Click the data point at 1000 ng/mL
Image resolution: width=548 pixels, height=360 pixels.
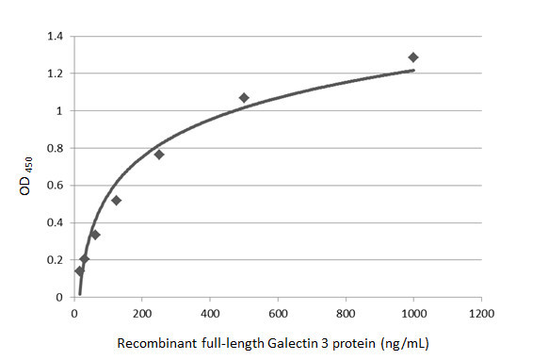[413, 57]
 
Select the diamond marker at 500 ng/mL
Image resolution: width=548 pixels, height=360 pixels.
[244, 98]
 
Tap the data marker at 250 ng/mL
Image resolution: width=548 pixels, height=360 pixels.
[159, 155]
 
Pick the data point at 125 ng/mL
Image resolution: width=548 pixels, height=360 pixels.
[117, 200]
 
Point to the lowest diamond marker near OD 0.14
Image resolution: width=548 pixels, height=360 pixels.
[79, 271]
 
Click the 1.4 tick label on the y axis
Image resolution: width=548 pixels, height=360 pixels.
[56, 37]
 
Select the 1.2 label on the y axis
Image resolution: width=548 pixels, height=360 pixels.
[56, 74]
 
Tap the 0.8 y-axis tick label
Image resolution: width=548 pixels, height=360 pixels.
[56, 148]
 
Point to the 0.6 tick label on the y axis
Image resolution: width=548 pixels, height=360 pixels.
[56, 186]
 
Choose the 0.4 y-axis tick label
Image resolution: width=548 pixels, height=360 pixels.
[56, 222]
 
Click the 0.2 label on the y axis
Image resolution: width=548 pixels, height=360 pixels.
[56, 260]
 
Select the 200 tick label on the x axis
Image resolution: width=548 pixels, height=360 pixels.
[142, 314]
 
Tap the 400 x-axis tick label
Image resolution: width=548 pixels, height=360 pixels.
[210, 314]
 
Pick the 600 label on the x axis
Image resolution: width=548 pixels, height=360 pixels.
[278, 314]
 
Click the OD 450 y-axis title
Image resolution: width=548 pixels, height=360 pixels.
[25, 173]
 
